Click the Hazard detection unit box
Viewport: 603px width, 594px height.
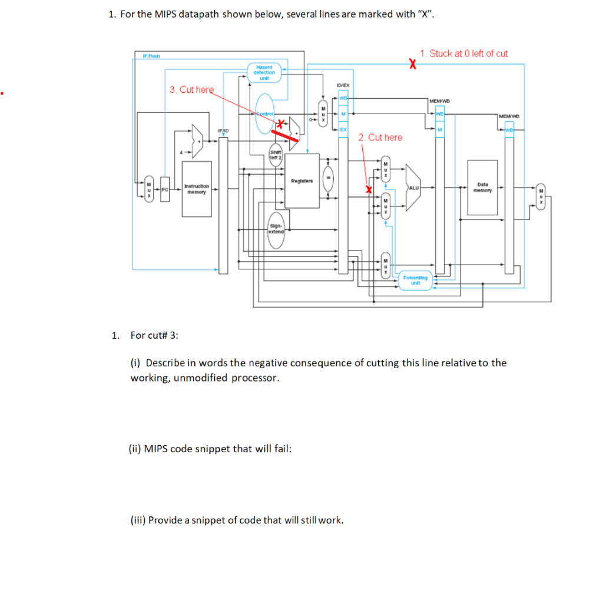point(264,72)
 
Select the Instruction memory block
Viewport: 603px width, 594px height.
point(196,189)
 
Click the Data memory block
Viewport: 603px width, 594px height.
point(482,187)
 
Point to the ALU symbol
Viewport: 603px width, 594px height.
point(413,186)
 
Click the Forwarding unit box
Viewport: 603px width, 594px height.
point(415,279)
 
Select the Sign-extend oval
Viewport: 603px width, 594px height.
point(276,228)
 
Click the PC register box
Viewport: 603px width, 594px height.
point(165,189)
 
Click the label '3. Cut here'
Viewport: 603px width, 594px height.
point(191,89)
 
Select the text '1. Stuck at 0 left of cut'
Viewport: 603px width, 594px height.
point(463,54)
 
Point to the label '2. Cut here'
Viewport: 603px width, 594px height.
point(380,138)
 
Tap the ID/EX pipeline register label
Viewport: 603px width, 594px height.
point(343,86)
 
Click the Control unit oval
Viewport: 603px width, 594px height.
point(266,113)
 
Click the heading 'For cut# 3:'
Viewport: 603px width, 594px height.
point(154,335)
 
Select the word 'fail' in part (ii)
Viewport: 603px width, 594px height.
point(281,449)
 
